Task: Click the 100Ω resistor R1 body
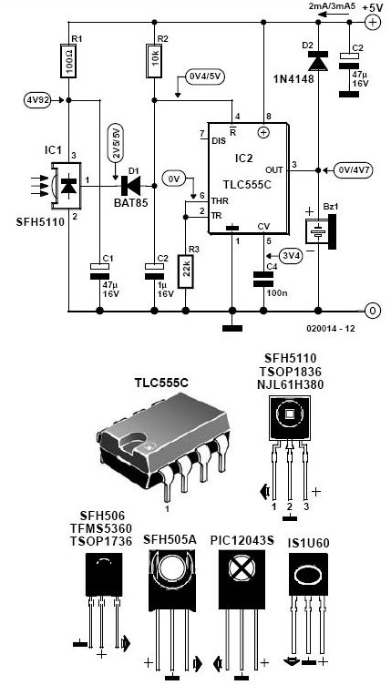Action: [x=68, y=60]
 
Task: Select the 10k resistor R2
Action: [x=154, y=60]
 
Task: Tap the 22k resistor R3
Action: [x=185, y=271]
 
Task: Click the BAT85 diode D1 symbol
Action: [x=130, y=186]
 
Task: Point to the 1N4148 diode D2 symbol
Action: [x=317, y=61]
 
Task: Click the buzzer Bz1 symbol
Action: [x=322, y=230]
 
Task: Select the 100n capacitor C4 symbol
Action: [x=264, y=279]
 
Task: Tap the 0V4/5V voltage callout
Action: [x=205, y=76]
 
